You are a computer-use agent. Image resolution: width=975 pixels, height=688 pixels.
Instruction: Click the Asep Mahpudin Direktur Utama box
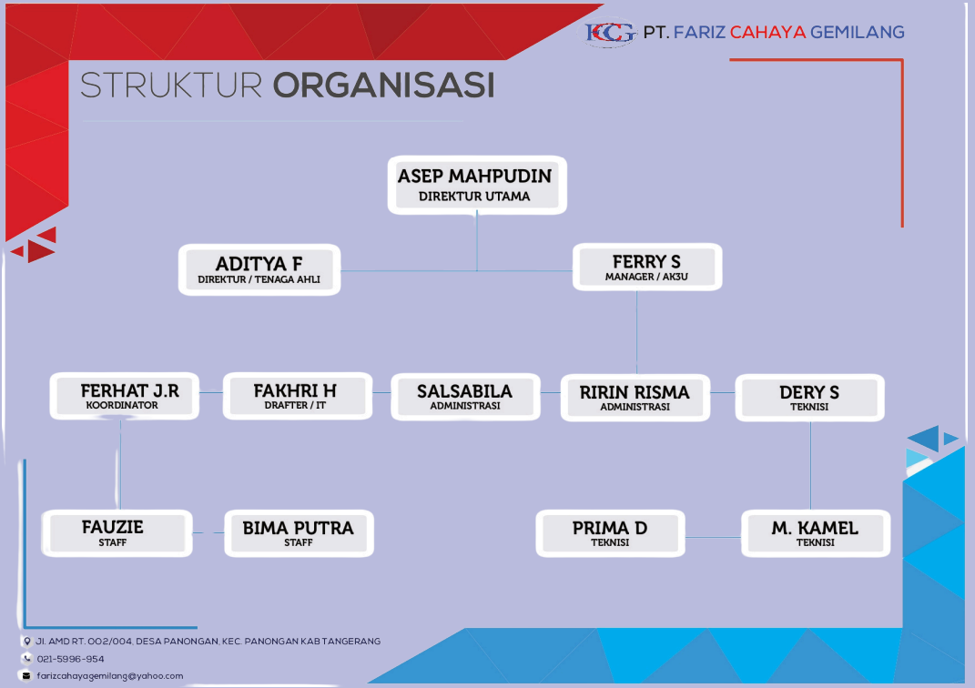(477, 186)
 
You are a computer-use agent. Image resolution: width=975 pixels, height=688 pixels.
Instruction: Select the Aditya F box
(259, 269)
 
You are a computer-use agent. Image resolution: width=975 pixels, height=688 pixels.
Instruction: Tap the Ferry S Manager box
(646, 268)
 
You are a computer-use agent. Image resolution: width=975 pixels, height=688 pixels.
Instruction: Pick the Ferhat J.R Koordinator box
(125, 397)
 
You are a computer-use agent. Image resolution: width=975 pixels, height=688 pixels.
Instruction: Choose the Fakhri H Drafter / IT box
(297, 397)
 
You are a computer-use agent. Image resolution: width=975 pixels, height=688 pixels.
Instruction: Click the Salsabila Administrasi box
(465, 397)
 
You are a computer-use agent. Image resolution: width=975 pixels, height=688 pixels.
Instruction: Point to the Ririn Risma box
(635, 398)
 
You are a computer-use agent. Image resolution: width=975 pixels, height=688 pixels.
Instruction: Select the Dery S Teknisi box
(809, 398)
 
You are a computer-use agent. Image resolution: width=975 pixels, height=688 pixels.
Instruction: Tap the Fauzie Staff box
(117, 533)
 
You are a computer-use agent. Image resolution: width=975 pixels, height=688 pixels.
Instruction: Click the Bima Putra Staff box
(299, 533)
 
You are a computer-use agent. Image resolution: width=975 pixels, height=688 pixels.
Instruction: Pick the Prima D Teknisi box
(610, 533)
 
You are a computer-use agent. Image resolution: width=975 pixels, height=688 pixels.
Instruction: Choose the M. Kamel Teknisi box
(815, 533)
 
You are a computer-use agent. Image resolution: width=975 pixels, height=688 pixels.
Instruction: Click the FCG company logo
(611, 33)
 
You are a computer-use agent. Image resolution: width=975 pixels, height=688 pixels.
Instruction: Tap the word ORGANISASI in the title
(383, 86)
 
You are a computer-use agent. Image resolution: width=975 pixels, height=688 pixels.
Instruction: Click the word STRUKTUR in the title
(171, 86)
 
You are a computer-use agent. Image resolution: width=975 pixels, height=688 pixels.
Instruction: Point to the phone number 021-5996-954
(70, 659)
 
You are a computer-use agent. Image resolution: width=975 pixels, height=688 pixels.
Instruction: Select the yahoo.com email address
(110, 675)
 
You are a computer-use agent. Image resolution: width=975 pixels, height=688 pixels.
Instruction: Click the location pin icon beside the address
(26, 642)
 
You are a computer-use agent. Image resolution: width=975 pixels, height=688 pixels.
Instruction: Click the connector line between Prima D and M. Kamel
(713, 537)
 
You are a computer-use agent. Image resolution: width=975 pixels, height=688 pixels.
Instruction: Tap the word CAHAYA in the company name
(768, 33)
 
